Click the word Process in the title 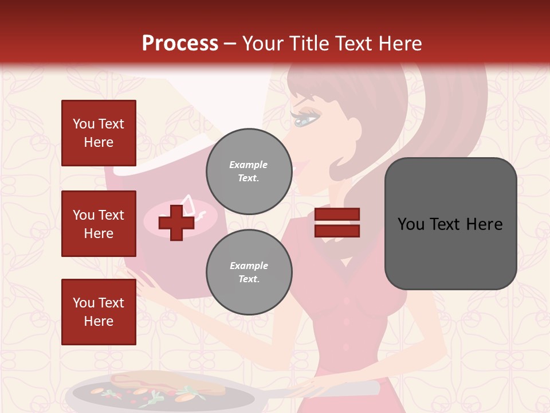pyautogui.click(x=180, y=44)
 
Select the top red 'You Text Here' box pyautogui.click(x=99, y=133)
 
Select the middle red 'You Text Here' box pyautogui.click(x=99, y=224)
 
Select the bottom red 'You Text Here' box pyautogui.click(x=99, y=312)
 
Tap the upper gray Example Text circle pyautogui.click(x=249, y=172)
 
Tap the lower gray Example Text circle pyautogui.click(x=249, y=272)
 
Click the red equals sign pyautogui.click(x=337, y=223)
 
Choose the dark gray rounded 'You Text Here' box pyautogui.click(x=450, y=224)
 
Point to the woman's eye pyautogui.click(x=305, y=120)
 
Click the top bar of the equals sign pyautogui.click(x=337, y=215)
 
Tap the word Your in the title pyautogui.click(x=263, y=44)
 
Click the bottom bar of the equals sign pyautogui.click(x=337, y=231)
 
